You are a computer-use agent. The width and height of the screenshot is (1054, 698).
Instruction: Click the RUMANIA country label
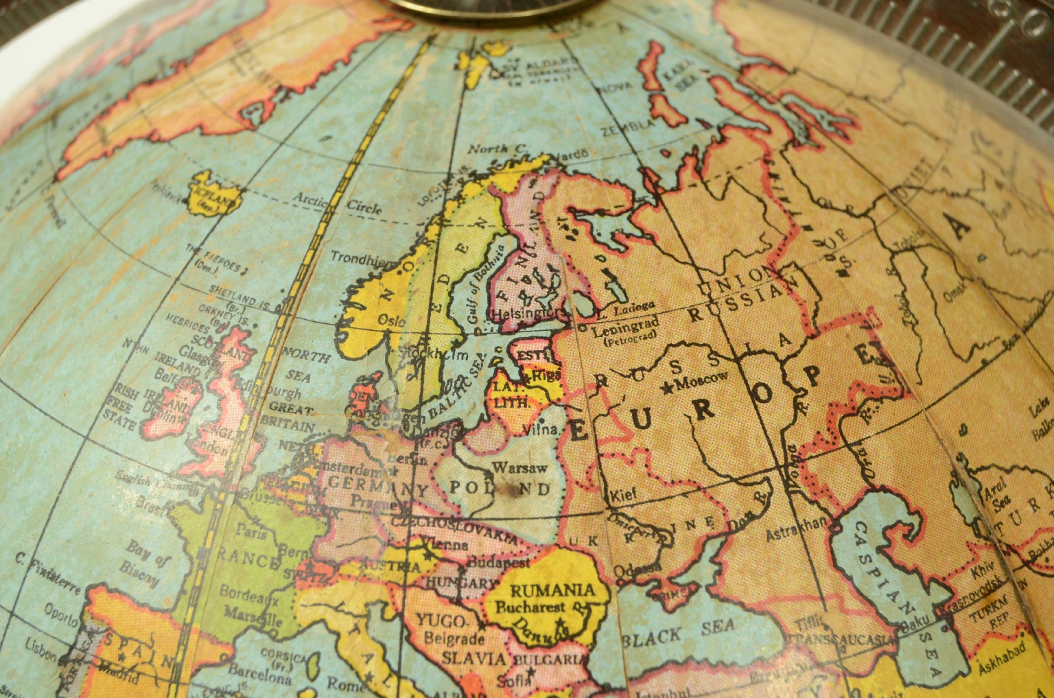coord(552,590)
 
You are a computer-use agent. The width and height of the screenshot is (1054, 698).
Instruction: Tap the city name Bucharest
coord(530,607)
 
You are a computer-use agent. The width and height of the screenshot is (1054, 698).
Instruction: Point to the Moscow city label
coord(701,378)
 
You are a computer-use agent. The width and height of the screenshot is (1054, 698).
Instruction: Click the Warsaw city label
coord(519,468)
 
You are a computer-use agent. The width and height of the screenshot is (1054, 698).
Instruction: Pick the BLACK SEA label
coord(680,632)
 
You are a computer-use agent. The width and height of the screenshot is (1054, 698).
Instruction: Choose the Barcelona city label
coord(260,671)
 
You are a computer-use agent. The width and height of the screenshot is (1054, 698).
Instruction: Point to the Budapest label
coord(498,561)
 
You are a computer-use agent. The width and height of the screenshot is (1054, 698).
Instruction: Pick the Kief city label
coord(622,493)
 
